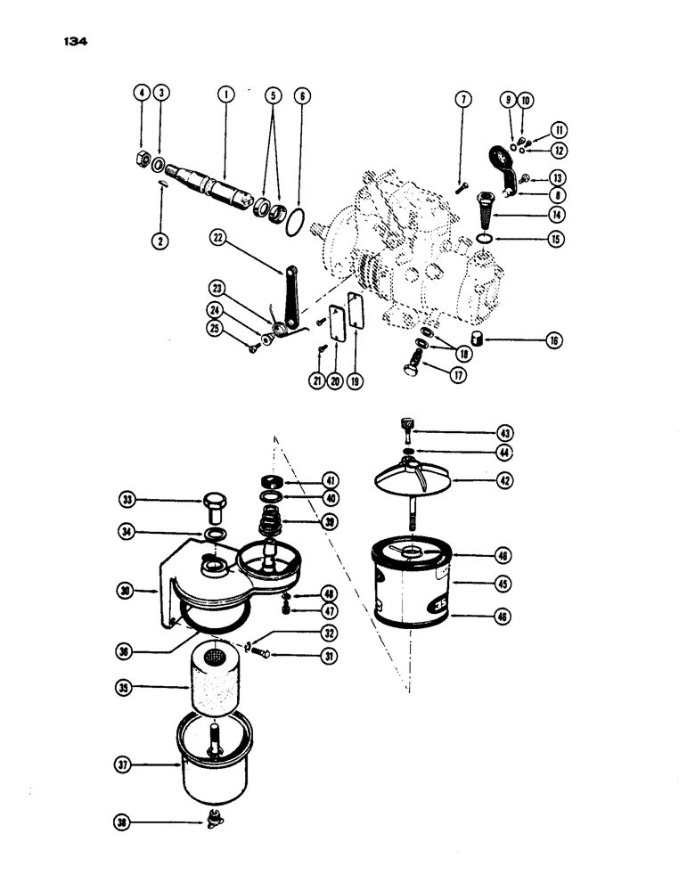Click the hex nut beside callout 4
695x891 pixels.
(142, 161)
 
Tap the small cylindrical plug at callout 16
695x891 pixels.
(478, 339)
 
